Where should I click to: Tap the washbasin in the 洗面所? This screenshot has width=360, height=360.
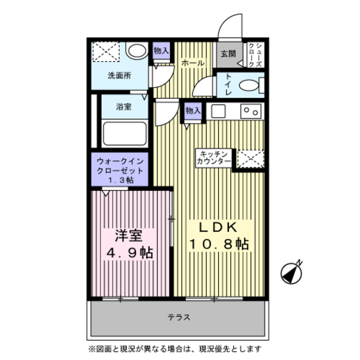click(135, 51)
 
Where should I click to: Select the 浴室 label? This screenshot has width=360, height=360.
click(124, 107)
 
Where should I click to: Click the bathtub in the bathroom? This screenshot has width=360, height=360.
click(125, 134)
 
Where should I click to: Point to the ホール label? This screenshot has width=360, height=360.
click(193, 64)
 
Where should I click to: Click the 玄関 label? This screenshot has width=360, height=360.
click(228, 55)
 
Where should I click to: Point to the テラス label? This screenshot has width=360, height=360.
click(179, 317)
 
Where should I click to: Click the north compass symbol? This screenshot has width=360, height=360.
click(292, 272)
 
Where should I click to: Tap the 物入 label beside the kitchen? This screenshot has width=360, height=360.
click(193, 111)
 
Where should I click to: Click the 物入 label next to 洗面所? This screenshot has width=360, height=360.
click(161, 51)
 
